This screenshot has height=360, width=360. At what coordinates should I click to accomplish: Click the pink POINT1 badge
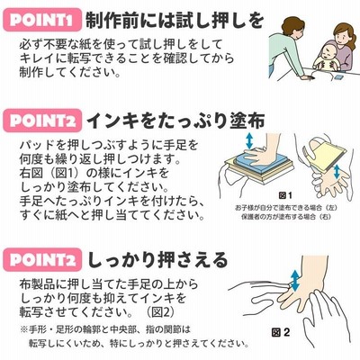point(42,20)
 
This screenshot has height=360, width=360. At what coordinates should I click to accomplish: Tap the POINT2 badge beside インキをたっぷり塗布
point(42,121)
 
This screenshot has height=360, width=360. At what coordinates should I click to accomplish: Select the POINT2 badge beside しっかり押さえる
point(42,260)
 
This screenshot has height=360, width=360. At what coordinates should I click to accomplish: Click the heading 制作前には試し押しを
point(175,20)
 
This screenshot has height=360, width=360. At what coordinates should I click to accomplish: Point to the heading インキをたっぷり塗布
point(175,121)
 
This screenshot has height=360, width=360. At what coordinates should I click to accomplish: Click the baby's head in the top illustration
point(326,53)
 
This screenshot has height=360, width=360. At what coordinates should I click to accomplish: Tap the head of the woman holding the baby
point(344,32)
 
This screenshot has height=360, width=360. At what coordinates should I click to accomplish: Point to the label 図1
point(285,195)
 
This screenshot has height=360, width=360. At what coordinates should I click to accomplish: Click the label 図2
point(281,332)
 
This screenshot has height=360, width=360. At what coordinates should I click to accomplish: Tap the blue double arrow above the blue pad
point(248,140)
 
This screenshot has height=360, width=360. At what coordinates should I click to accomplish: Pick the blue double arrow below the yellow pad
point(337,171)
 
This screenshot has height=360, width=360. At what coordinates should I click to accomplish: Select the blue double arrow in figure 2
point(295,280)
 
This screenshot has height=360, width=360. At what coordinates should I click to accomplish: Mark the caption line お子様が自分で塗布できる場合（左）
point(285,208)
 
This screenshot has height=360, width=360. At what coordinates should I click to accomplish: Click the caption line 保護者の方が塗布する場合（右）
point(285,217)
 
